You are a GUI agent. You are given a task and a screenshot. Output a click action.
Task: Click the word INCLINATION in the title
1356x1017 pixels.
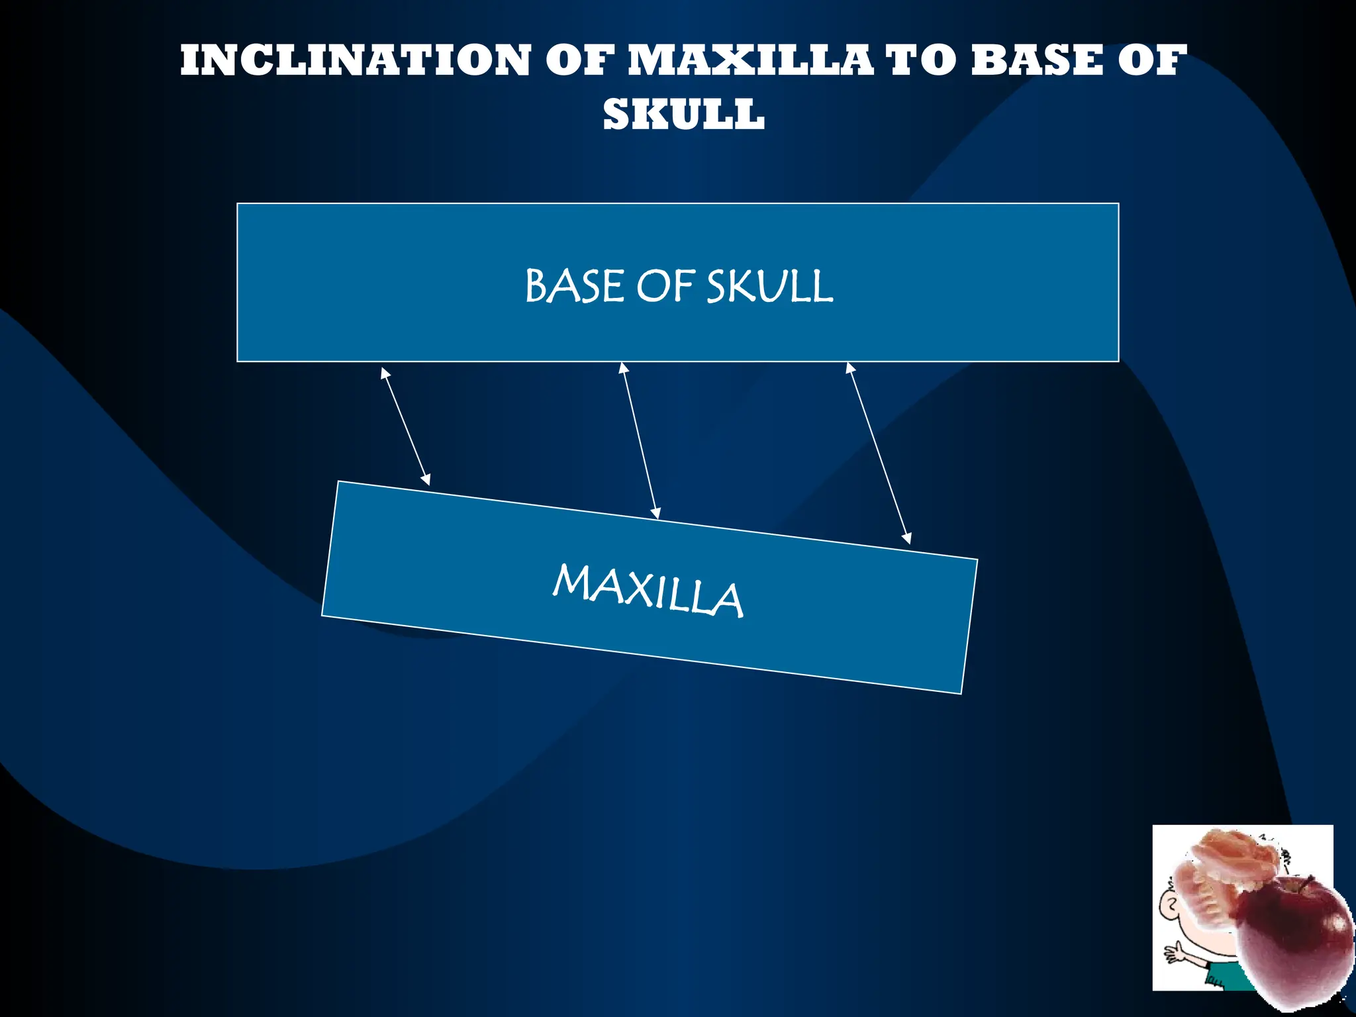coord(355,60)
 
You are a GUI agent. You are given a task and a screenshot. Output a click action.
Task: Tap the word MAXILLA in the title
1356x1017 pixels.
coord(750,60)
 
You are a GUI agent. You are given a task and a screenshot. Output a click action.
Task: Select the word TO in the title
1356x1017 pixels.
coord(922,60)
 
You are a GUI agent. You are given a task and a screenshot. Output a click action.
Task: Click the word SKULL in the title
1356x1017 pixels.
coord(683,115)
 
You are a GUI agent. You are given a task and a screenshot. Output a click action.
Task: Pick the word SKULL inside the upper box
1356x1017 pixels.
coord(769,287)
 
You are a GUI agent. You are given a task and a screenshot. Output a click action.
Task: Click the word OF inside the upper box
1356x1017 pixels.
coord(665,287)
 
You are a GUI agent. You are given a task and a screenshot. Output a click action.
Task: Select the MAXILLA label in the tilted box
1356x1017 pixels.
coord(648,591)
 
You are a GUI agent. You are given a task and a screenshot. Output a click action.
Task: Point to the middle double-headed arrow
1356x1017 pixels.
coord(640,440)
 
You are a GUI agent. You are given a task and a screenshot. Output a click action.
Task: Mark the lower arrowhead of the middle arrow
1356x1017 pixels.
coord(656,512)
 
